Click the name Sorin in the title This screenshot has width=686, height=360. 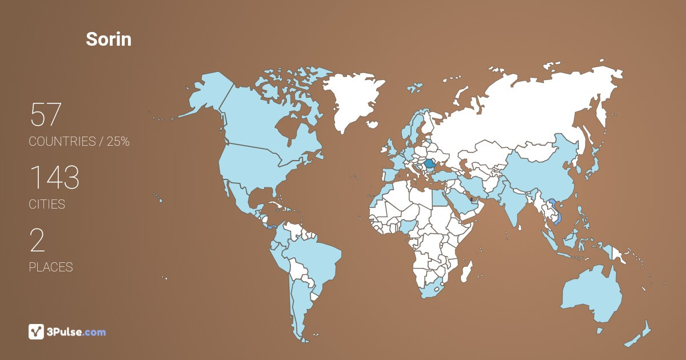[x=109, y=39]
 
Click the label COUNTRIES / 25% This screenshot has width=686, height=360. [x=79, y=142]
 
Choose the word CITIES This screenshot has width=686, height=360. [x=47, y=204]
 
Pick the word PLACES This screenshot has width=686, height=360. [x=51, y=267]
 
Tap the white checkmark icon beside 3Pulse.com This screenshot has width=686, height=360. [x=36, y=331]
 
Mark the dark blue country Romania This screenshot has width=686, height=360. [x=430, y=164]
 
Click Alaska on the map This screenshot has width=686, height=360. [x=206, y=94]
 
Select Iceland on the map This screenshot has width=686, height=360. [x=414, y=88]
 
